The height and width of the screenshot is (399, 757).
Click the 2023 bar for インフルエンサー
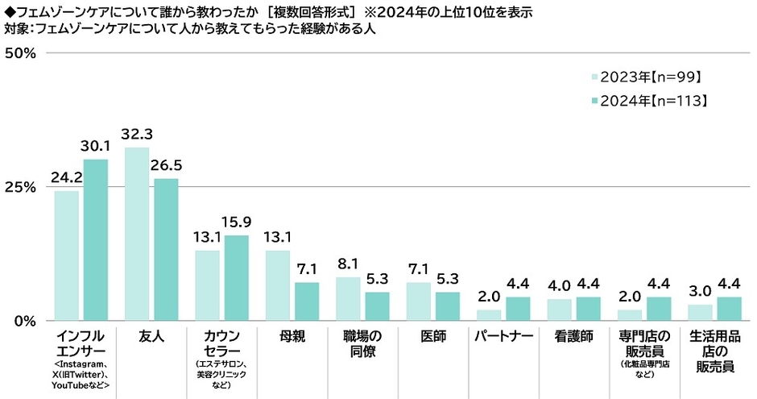click(67, 256)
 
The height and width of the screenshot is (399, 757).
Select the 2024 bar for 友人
click(166, 249)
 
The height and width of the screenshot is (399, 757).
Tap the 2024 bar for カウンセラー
click(237, 277)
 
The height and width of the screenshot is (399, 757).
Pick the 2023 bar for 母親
click(278, 285)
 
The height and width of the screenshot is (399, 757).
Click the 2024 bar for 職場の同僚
click(377, 305)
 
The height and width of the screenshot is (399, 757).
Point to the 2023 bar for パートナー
click(489, 315)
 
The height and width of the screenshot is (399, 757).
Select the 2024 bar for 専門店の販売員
click(658, 309)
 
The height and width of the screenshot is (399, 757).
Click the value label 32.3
click(137, 135)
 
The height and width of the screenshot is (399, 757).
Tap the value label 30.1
click(96, 146)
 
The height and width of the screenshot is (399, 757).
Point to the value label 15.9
click(237, 222)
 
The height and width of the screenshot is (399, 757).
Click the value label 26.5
click(166, 165)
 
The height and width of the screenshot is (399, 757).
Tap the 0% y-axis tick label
click(23, 321)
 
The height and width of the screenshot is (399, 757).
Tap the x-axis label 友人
click(151, 335)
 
